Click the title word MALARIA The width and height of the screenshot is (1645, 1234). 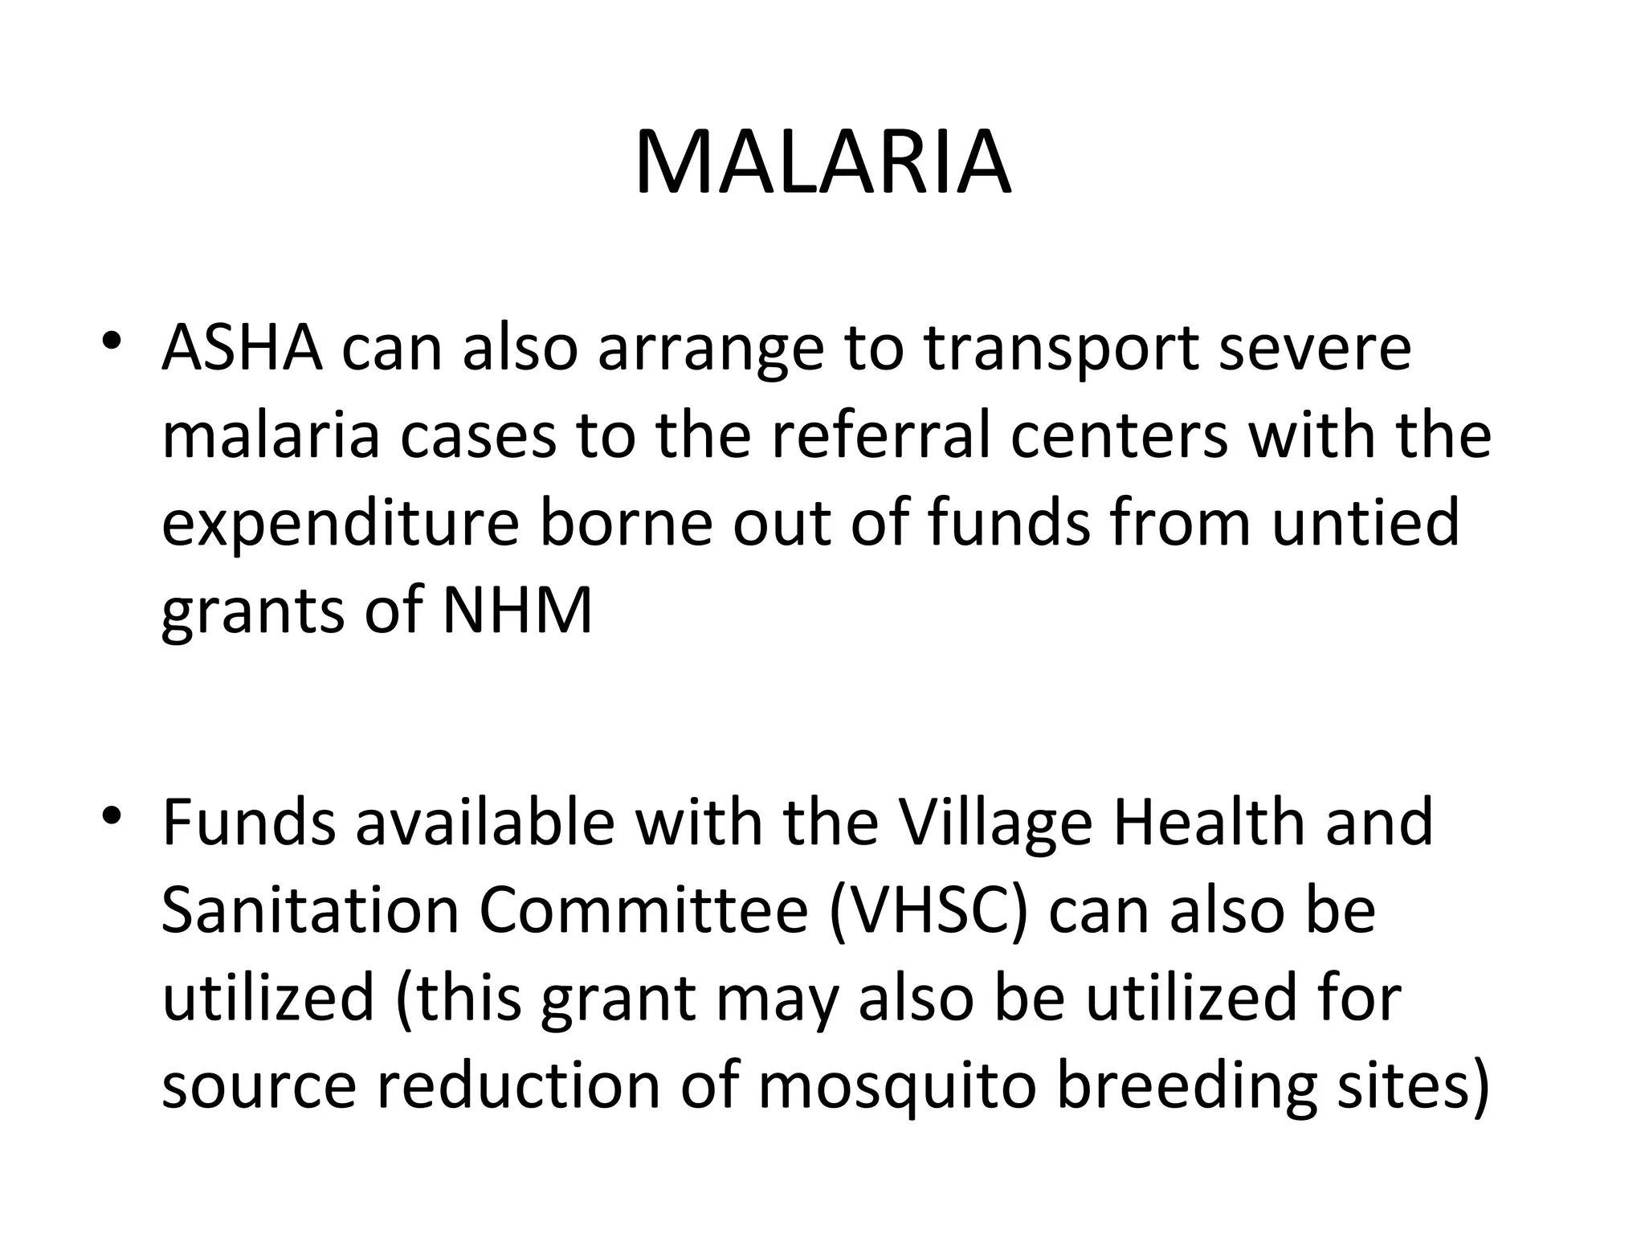point(822,163)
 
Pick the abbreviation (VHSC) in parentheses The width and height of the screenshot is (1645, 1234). point(928,912)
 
